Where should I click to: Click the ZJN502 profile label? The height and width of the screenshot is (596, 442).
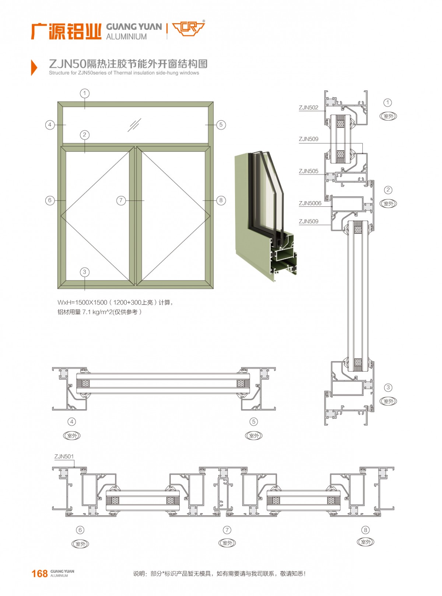click(x=308, y=108)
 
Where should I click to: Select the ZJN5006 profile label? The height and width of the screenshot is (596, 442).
click(x=310, y=203)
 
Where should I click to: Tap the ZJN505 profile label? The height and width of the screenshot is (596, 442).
click(x=308, y=171)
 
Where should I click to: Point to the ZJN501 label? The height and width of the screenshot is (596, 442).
click(x=64, y=456)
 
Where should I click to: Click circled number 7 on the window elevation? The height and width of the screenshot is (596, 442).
click(x=121, y=200)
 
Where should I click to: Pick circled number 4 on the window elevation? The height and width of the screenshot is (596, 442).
click(x=50, y=125)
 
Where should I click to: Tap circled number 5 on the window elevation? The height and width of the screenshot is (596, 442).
click(x=221, y=125)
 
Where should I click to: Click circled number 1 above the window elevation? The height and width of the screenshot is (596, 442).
click(x=85, y=93)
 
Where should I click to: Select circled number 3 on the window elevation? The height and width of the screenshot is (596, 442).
click(x=85, y=272)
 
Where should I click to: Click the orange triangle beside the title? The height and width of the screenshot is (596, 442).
click(x=34, y=67)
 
